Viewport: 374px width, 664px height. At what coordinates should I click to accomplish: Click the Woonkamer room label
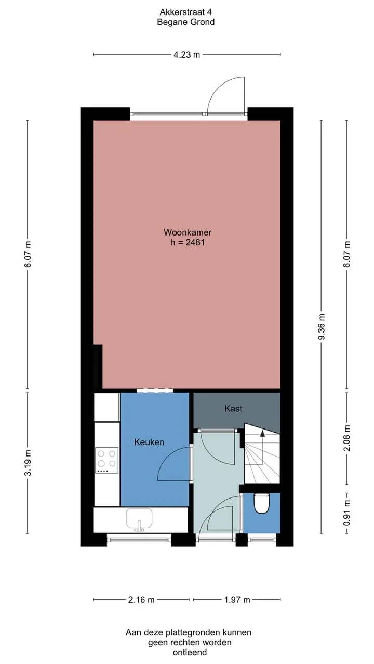(x=188, y=232)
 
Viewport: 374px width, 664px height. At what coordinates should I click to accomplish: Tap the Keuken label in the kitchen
(x=149, y=442)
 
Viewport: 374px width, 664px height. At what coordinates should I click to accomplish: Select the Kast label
(x=233, y=408)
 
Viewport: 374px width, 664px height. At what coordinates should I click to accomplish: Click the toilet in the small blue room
(x=261, y=503)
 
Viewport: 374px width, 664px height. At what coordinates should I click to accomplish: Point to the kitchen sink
(x=139, y=519)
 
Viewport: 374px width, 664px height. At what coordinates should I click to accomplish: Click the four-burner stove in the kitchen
(x=106, y=460)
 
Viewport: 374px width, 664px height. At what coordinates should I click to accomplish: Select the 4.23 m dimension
(x=186, y=54)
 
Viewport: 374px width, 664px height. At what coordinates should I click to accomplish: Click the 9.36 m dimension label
(x=322, y=327)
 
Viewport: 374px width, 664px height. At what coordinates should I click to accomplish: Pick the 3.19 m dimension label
(x=28, y=463)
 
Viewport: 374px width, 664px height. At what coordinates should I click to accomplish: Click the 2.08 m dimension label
(x=346, y=438)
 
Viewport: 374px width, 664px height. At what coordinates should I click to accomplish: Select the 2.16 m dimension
(x=141, y=600)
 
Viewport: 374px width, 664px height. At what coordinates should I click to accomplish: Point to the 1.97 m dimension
(x=237, y=600)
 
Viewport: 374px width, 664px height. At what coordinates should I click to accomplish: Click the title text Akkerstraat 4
(x=186, y=12)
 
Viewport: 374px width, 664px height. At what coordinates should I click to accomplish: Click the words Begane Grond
(x=186, y=22)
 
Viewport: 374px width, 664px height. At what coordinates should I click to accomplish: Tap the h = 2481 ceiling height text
(x=188, y=242)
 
